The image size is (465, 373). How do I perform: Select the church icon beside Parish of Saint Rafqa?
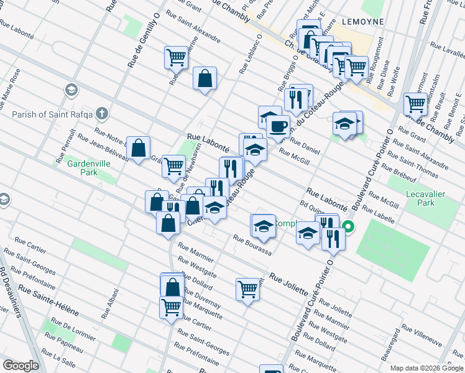[x=103, y=114]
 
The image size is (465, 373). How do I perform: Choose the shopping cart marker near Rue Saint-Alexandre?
[x=177, y=58]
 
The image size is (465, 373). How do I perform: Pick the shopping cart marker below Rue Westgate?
[x=247, y=288]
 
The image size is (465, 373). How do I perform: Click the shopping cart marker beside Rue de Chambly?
[x=415, y=104]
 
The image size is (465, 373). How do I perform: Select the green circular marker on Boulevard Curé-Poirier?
[x=348, y=227]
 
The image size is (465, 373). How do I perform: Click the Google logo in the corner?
[x=21, y=366]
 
